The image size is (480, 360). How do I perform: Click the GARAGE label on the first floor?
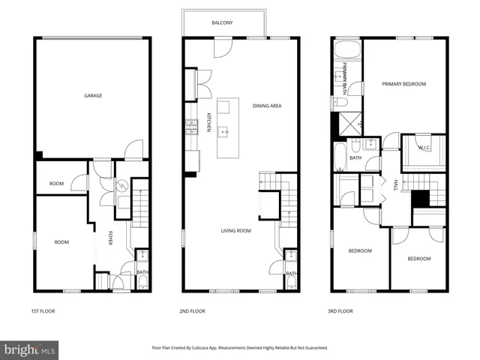(x=93, y=95)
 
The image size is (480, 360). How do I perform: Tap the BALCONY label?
(x=221, y=23)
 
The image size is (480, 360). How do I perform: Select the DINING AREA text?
(x=266, y=106)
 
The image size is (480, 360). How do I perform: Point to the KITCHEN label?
(x=208, y=122)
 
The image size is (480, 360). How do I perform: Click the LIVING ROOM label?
(x=235, y=231)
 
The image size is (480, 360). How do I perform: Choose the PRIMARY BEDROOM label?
(x=403, y=84)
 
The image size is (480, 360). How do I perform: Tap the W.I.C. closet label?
(x=424, y=148)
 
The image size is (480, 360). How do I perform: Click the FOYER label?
(x=111, y=239)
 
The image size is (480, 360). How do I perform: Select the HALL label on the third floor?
(x=395, y=184)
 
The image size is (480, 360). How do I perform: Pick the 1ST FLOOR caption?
(x=43, y=310)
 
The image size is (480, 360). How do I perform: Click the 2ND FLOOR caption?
(x=193, y=310)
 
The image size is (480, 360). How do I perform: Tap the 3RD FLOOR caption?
(x=340, y=310)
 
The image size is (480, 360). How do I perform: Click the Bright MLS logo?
(x=30, y=349)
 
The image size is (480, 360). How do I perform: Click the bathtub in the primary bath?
(x=347, y=52)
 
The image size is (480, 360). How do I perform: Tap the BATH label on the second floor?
(x=290, y=274)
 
